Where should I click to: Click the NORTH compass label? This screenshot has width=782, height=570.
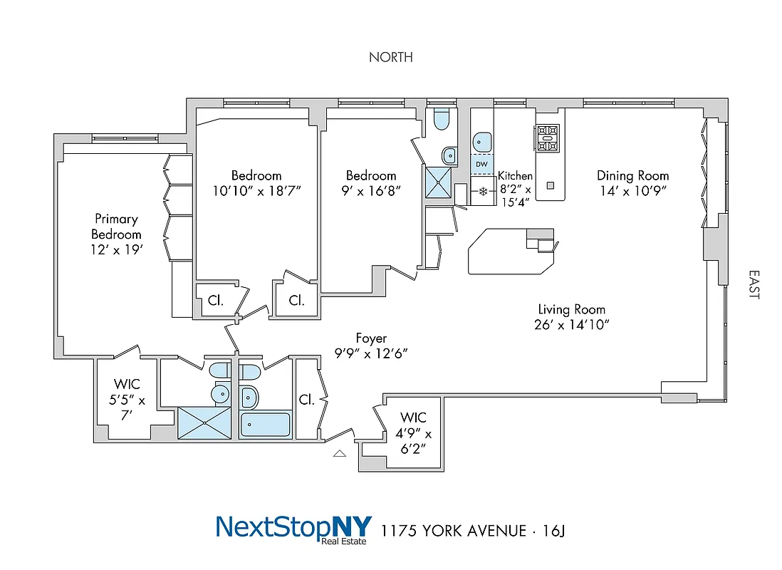tap(390, 57)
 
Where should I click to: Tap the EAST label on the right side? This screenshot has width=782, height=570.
tap(754, 284)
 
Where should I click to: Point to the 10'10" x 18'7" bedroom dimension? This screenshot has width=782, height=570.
tap(256, 191)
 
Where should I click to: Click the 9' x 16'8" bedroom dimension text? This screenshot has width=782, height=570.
tap(370, 191)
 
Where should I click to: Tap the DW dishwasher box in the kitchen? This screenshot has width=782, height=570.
tap(481, 165)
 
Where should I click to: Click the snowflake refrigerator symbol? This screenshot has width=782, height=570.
tap(482, 192)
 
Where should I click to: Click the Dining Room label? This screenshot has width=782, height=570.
tap(632, 175)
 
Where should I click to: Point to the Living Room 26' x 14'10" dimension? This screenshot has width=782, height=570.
tap(571, 325)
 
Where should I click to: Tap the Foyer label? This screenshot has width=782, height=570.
tap(370, 338)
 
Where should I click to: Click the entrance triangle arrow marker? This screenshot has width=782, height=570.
tap(340, 452)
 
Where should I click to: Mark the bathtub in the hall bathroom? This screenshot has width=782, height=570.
tap(265, 425)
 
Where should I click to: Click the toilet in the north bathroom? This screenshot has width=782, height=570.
tap(442, 120)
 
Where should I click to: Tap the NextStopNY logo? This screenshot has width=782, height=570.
tap(293, 529)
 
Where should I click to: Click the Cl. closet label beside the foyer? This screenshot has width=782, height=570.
tap(307, 400)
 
